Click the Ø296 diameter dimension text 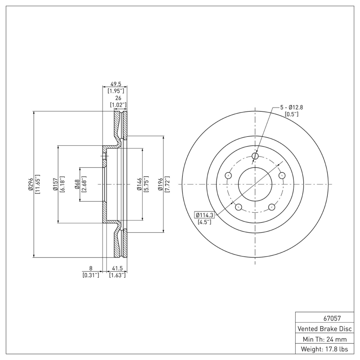[x=30, y=184]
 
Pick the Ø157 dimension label [x=55, y=184]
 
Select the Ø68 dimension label [x=77, y=184]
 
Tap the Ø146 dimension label [x=139, y=184]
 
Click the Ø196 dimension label [x=160, y=184]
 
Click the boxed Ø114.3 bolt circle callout [x=204, y=215]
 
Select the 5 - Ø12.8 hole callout [x=292, y=107]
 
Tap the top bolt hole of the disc [x=256, y=156]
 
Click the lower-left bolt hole [x=238, y=207]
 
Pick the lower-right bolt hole [x=272, y=207]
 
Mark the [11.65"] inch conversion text [x=38, y=184]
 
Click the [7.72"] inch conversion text [x=167, y=184]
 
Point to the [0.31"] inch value [x=91, y=275]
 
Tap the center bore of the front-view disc [x=255, y=184]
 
